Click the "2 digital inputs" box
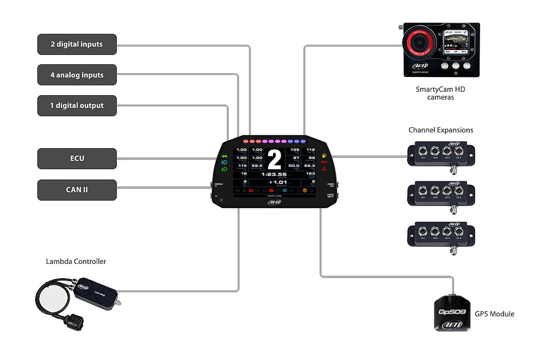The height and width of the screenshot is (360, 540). (x=77, y=44)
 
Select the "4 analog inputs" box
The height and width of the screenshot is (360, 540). (x=77, y=75)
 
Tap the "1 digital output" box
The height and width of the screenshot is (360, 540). (x=77, y=105)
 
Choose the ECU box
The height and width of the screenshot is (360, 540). (x=77, y=158)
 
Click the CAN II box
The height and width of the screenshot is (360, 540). (x=77, y=190)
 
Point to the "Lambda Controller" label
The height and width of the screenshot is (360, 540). (x=76, y=261)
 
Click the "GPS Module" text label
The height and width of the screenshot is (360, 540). (x=494, y=314)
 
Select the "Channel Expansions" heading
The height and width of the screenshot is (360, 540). (x=441, y=130)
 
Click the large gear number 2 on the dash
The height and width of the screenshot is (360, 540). (x=274, y=160)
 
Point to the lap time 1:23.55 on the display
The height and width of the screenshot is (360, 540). (x=273, y=174)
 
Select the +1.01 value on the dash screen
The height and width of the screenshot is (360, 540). (x=277, y=182)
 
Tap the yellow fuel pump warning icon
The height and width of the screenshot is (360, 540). (x=324, y=156)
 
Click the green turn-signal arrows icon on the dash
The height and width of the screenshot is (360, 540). (x=225, y=156)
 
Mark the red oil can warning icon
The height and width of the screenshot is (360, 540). (x=324, y=162)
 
